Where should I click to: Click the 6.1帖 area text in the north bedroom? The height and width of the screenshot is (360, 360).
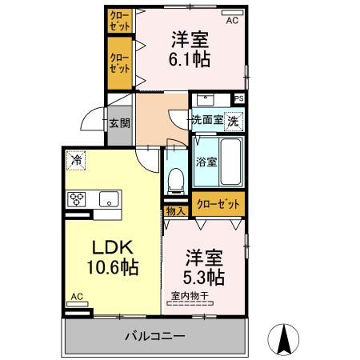click(x=190, y=58)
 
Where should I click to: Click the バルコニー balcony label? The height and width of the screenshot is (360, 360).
click(x=154, y=336)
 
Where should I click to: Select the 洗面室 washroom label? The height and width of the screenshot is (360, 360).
click(x=206, y=121)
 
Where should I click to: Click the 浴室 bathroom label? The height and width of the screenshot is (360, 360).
click(x=206, y=161)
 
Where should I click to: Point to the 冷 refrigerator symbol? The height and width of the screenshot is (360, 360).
click(x=77, y=158)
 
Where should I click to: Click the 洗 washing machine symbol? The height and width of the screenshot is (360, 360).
click(x=232, y=121)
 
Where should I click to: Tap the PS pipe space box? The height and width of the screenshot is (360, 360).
click(x=238, y=98)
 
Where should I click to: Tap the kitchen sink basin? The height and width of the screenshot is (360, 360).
click(x=108, y=198)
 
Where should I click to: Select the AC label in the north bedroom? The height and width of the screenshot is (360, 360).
click(x=231, y=22)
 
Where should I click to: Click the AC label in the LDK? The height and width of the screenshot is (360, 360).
click(x=77, y=297)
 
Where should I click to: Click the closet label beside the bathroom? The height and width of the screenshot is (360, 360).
click(x=218, y=204)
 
